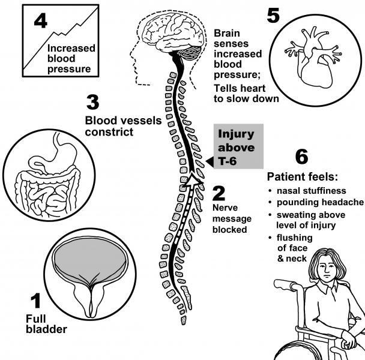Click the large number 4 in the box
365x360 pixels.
[x=41, y=22]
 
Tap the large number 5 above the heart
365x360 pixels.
[x=273, y=16]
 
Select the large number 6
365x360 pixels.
[x=302, y=157]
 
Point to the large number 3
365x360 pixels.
[x=92, y=102]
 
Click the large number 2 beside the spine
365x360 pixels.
[x=219, y=193]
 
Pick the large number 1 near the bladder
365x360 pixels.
[x=35, y=301]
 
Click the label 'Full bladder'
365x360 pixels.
[x=46, y=324]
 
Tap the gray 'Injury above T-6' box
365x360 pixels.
[x=238, y=146]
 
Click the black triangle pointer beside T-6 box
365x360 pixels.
[x=210, y=162]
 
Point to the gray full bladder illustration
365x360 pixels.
[x=90, y=259]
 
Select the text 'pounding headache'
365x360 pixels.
[x=320, y=202]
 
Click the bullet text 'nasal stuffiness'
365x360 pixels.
[x=311, y=191]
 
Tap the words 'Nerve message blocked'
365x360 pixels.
[x=232, y=218]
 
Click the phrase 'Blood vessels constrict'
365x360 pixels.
[x=123, y=126]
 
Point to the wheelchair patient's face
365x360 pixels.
[x=327, y=268]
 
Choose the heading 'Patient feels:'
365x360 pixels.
[x=302, y=177]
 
